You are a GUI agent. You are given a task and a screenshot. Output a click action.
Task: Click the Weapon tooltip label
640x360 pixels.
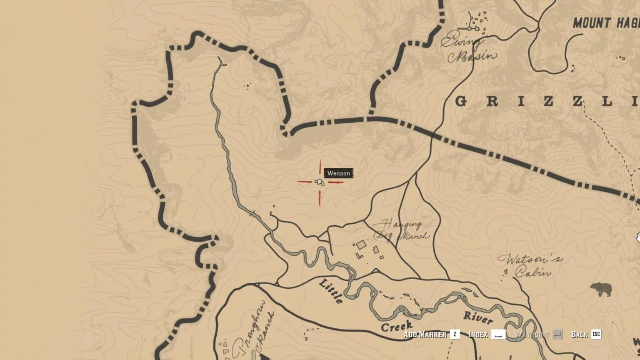(338, 173)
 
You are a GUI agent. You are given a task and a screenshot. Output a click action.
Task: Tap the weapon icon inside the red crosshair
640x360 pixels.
(320, 182)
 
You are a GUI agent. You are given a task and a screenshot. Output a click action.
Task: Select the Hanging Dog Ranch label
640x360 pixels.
(401, 230)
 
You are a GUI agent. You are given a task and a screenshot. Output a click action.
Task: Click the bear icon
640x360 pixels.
(601, 289)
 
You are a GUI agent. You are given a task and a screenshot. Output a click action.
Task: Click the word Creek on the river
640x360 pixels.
(396, 326)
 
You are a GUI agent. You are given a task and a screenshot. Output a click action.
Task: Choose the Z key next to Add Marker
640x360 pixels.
(455, 334)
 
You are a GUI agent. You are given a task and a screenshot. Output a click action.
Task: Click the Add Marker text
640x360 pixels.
(425, 334)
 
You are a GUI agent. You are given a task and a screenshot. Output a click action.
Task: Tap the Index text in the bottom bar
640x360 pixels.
(478, 334)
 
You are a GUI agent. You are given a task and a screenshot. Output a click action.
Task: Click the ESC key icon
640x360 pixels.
(596, 334)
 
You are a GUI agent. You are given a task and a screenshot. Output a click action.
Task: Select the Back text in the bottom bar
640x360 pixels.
(579, 334)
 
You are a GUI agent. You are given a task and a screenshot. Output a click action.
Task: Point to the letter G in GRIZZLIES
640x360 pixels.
(461, 101)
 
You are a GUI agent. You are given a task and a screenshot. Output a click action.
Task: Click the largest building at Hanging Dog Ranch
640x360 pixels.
(361, 245)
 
